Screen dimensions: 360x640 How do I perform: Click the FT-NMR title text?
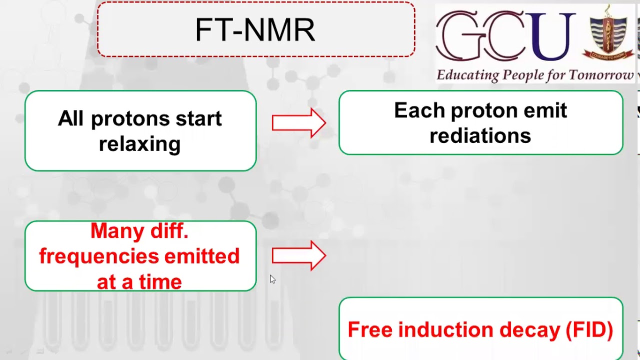coord(255,30)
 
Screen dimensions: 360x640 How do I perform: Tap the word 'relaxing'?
coord(139,144)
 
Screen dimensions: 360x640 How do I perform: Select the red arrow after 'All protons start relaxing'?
coord(298,123)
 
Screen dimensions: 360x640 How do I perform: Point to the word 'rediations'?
coord(480,135)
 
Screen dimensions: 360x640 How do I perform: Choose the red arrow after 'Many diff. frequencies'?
coord(298,255)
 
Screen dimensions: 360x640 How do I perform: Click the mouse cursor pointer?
coord(272,279)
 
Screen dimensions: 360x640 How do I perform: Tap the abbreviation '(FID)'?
coord(589,330)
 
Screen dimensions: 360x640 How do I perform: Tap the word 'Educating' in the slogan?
coord(460,75)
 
